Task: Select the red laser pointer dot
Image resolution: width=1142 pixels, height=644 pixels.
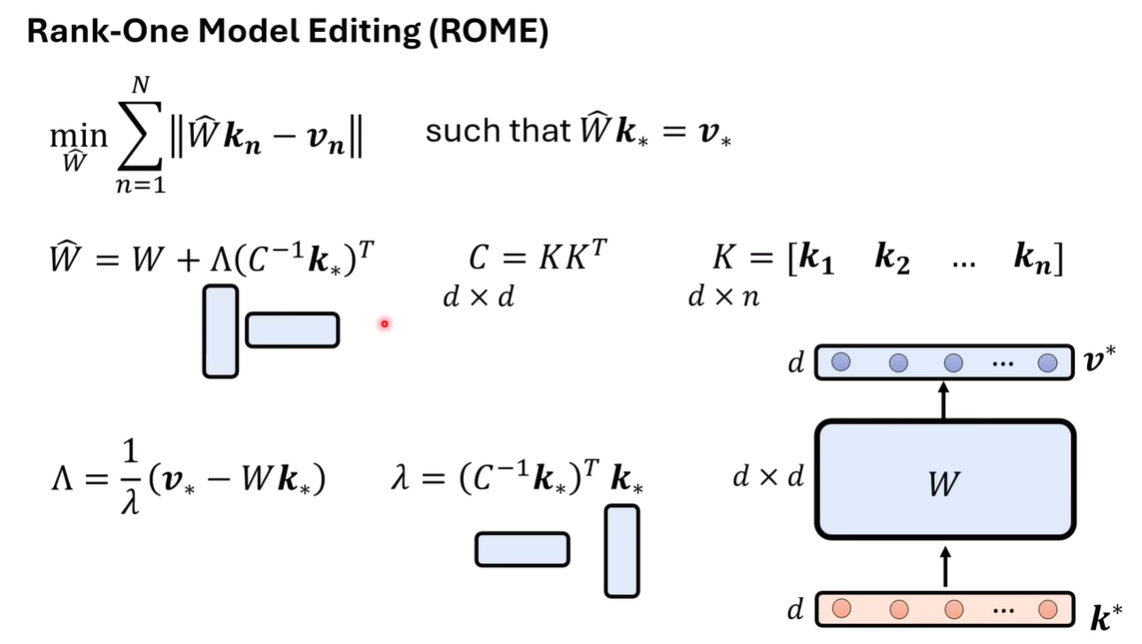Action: point(384,324)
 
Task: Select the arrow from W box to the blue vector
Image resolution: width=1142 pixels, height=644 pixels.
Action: point(944,400)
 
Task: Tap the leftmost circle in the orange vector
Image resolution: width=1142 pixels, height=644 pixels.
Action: point(843,609)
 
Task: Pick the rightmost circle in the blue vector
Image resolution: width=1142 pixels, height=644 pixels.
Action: point(1048,363)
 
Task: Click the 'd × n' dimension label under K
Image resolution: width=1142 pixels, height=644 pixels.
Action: point(723,297)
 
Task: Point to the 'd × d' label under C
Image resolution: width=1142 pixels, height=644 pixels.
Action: point(478,297)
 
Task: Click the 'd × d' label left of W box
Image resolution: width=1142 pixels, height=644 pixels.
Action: point(768,478)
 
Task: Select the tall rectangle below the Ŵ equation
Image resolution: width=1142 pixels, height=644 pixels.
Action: point(220,331)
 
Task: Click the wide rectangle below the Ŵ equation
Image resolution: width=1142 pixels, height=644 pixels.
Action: point(292,330)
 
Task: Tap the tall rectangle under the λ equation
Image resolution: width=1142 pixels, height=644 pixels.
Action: point(621,550)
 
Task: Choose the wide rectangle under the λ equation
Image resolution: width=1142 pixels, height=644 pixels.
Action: point(522,549)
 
